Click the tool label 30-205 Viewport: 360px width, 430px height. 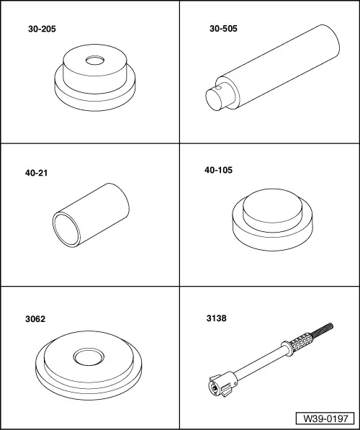pos(42,29)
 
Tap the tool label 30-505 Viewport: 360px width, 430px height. pos(223,29)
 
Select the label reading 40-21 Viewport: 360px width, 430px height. pos(36,173)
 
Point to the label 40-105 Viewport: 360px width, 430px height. pos(218,170)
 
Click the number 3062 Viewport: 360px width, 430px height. pos(35,319)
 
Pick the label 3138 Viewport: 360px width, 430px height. pos(217,318)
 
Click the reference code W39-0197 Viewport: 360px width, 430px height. pos(325,418)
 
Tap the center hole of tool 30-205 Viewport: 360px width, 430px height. pos(95,61)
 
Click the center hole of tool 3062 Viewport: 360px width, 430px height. pos(89,357)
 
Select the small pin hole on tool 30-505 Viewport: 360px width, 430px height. pos(219,88)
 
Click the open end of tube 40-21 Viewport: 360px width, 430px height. pos(67,230)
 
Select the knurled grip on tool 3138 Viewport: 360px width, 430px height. pos(301,342)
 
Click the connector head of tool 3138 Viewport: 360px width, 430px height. pos(222,385)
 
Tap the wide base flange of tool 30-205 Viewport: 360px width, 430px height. pos(95,99)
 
